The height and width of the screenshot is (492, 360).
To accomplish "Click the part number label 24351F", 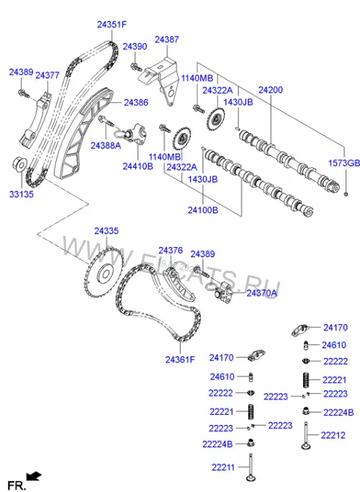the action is tap(112, 24).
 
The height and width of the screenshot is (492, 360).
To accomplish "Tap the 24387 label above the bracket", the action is tap(167, 40).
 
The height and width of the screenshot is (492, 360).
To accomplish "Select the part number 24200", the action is tap(270, 90).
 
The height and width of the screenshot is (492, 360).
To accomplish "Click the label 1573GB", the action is tap(343, 164).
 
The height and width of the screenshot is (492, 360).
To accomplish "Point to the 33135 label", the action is tap(22, 194).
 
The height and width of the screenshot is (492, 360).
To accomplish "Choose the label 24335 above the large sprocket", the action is tap(107, 231).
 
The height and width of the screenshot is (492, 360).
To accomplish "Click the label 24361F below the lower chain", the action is tap(180, 359).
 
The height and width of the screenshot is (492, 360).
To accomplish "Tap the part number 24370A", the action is tap(262, 293).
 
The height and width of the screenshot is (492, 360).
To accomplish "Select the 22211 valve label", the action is tap(223, 468).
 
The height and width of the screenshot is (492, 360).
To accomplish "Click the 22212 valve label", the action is tap(333, 435).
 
